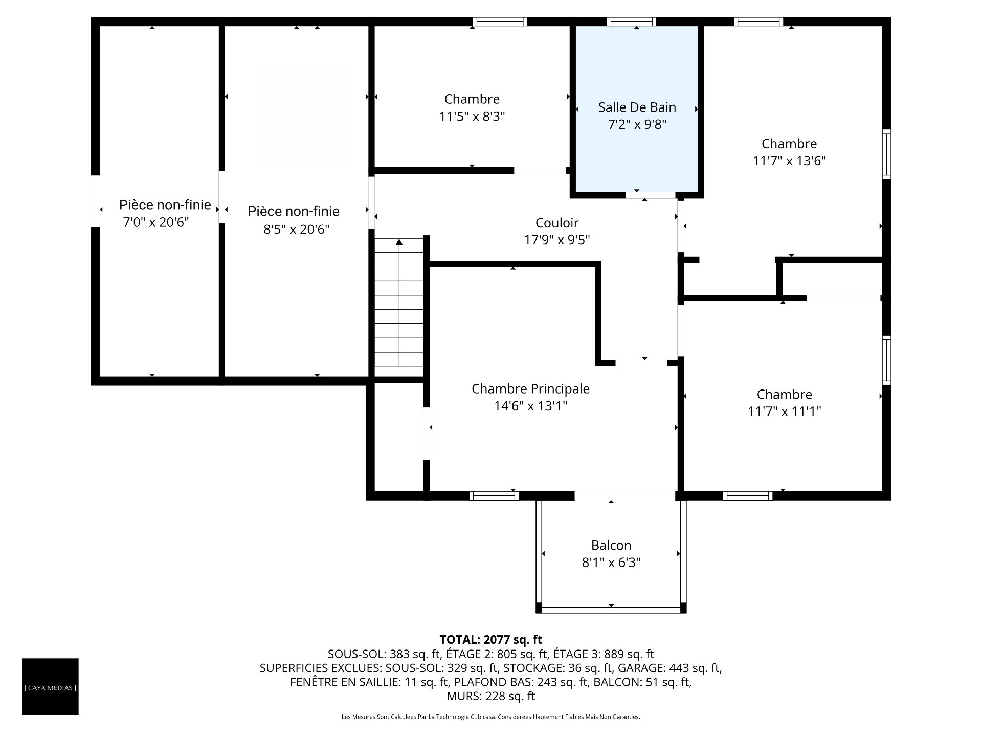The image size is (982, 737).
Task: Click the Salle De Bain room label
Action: [x=637, y=107]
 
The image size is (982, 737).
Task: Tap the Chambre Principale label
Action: [x=530, y=389]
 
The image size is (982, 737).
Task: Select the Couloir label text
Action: [x=557, y=223]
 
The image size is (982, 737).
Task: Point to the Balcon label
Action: [x=611, y=545]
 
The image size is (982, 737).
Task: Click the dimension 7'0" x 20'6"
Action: [x=156, y=222]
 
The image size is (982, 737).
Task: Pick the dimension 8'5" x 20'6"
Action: [x=296, y=229]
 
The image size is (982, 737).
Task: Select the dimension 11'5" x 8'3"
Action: [x=472, y=117]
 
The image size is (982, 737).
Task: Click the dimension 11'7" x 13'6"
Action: [x=789, y=161]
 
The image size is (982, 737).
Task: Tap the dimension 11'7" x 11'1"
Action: [x=785, y=411]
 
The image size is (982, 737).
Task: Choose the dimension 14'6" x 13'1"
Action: [x=530, y=406]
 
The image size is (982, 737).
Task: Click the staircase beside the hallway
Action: [x=399, y=302]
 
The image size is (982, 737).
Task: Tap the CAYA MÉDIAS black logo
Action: [x=50, y=686]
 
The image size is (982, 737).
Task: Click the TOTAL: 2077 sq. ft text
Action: [x=491, y=640]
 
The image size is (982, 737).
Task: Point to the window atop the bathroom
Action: [x=632, y=21]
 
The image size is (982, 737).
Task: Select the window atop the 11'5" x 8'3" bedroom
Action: [x=500, y=21]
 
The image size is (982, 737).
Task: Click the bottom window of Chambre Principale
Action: [x=494, y=495]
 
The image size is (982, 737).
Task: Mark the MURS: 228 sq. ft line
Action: [x=491, y=696]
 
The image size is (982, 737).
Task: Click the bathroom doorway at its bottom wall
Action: [x=651, y=195]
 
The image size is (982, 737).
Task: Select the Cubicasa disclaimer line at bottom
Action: [x=491, y=717]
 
